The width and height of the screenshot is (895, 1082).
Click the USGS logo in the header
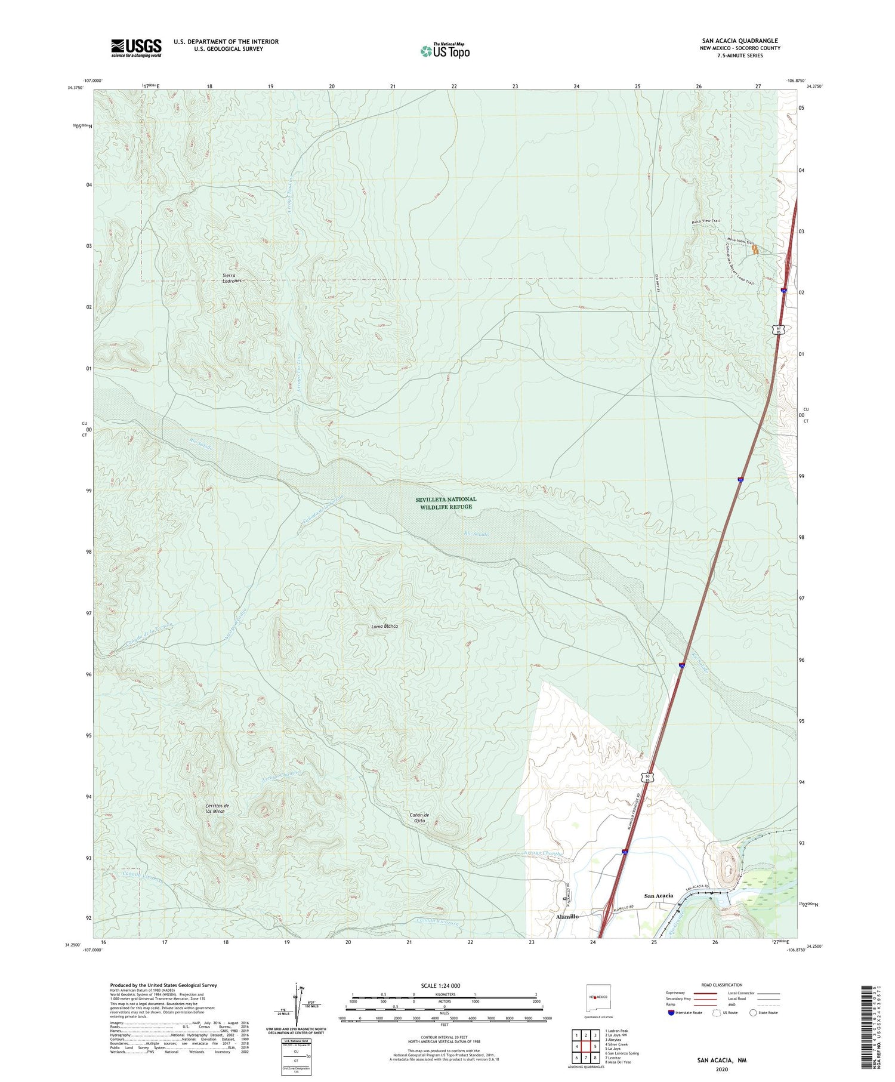tap(136, 48)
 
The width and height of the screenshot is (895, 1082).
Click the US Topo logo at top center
tap(445, 51)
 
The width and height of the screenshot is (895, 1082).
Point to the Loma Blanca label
tap(384, 626)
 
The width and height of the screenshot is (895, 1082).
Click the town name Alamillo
tap(567, 916)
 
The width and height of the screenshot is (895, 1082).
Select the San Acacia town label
tap(659, 895)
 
